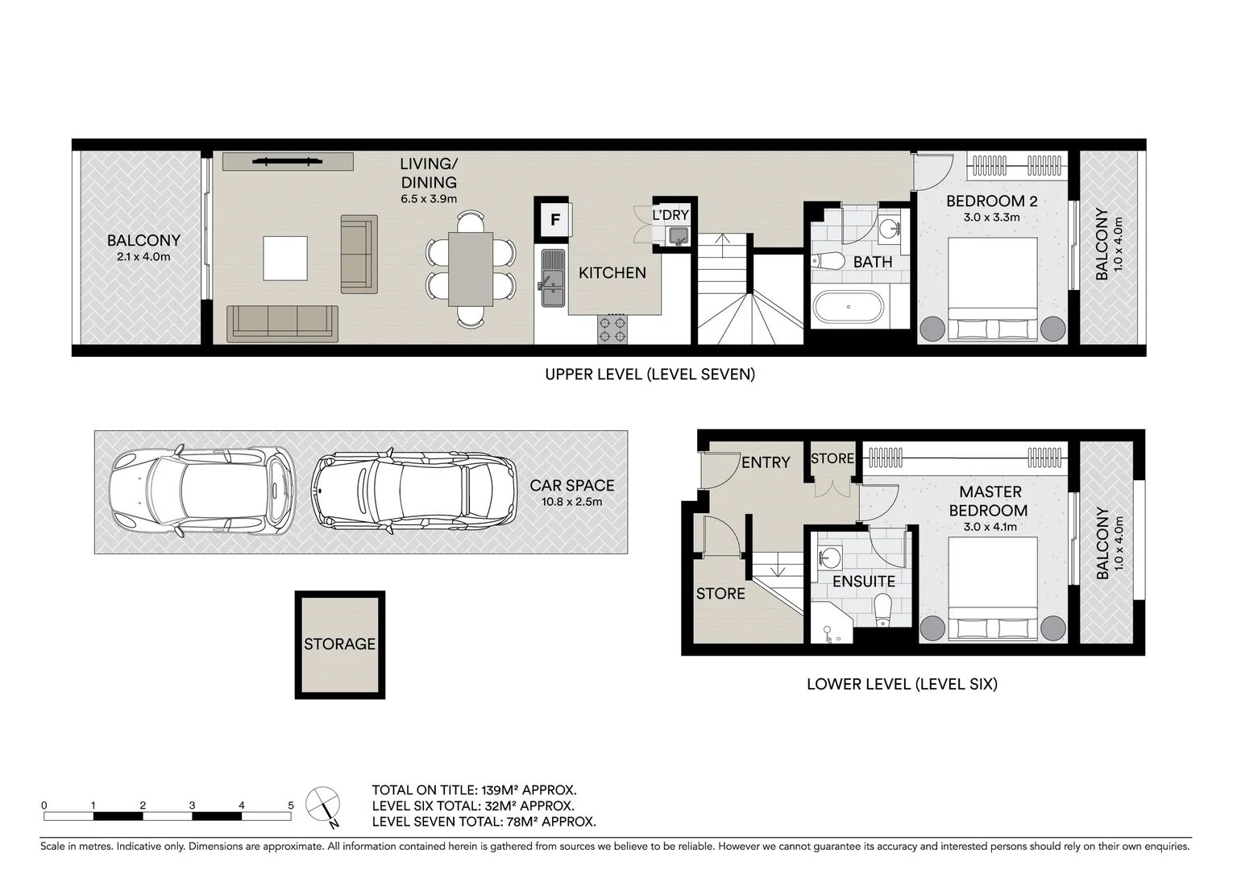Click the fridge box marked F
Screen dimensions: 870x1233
(x=554, y=219)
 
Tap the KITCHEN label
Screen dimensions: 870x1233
(x=612, y=273)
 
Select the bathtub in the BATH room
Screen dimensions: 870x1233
(x=849, y=307)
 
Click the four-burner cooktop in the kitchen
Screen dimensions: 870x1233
(x=612, y=329)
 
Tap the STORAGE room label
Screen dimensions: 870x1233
(x=339, y=644)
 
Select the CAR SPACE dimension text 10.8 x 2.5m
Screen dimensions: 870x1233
(x=571, y=502)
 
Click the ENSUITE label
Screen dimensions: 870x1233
(x=863, y=582)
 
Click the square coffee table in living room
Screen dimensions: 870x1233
(x=285, y=258)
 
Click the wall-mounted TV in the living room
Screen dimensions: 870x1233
(x=287, y=162)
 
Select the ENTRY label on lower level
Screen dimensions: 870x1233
(x=765, y=462)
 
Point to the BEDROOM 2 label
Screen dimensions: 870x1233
(x=991, y=201)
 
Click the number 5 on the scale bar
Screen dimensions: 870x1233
(x=291, y=805)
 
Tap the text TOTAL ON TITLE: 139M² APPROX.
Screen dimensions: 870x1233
(x=474, y=790)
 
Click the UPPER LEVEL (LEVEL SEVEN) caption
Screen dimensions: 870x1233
(x=650, y=374)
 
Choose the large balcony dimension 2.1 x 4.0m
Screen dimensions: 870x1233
(x=143, y=257)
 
